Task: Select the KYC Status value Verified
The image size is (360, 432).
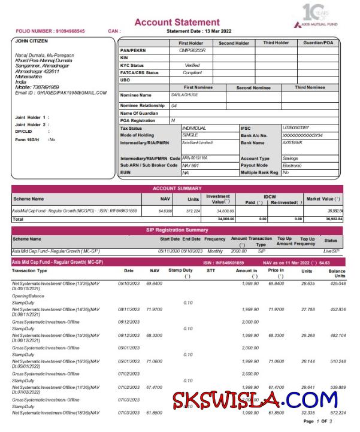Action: pyautogui.click(x=192, y=65)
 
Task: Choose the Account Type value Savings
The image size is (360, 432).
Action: pyautogui.click(x=291, y=158)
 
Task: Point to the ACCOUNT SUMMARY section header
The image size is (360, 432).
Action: pyautogui.click(x=177, y=188)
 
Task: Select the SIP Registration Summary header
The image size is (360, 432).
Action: pyautogui.click(x=177, y=230)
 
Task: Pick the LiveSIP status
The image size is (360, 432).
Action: pyautogui.click(x=331, y=251)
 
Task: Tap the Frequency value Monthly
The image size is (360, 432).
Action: pyautogui.click(x=214, y=251)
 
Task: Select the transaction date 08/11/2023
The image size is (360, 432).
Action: pyautogui.click(x=129, y=309)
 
